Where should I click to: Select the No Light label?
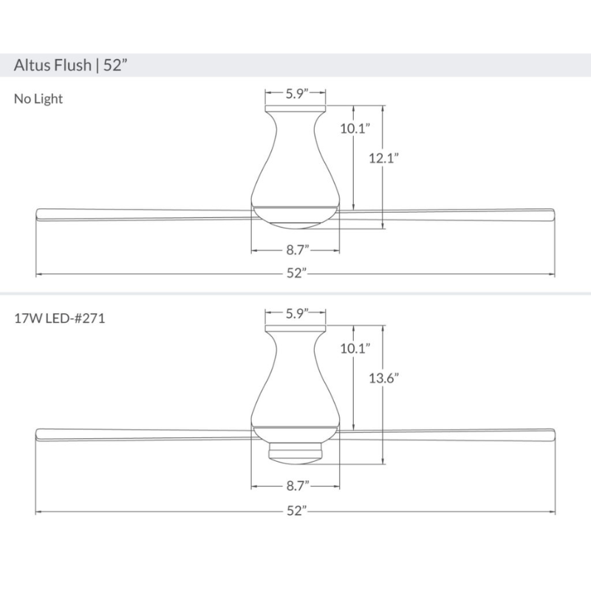point(38,98)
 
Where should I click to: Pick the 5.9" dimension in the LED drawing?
point(296,312)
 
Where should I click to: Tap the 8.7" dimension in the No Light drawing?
point(296,251)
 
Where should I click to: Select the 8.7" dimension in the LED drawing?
point(296,486)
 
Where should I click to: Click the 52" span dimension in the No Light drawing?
point(296,274)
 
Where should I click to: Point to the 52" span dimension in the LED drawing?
point(296,512)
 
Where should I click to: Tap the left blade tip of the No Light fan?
point(41,214)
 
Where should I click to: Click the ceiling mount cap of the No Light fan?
point(296,109)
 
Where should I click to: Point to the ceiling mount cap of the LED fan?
point(296,328)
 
